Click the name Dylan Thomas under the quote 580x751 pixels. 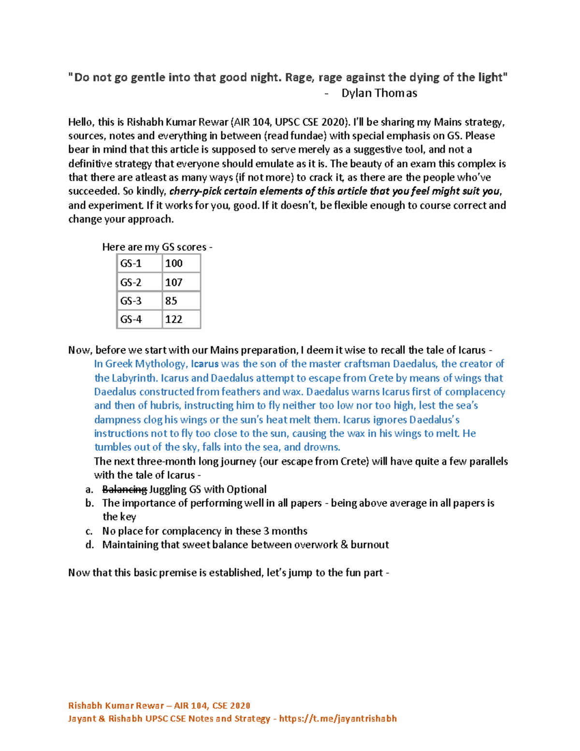[x=379, y=93]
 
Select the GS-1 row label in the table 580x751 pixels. [x=131, y=264]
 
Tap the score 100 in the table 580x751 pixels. [x=174, y=264]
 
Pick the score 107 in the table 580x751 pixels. [x=174, y=282]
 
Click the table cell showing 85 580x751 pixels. [x=171, y=301]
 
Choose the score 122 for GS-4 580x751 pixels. [x=174, y=319]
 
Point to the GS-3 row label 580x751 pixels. [x=131, y=301]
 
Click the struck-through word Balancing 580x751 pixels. [x=124, y=489]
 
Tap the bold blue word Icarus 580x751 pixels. [x=205, y=364]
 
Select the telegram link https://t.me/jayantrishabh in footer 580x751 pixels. [x=338, y=719]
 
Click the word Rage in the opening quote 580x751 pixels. [x=300, y=77]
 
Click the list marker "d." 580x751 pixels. [x=89, y=545]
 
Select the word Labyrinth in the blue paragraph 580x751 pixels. [x=134, y=378]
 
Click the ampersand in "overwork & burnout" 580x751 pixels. [x=344, y=545]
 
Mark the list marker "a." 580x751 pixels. [x=89, y=489]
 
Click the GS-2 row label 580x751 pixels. [x=131, y=282]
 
